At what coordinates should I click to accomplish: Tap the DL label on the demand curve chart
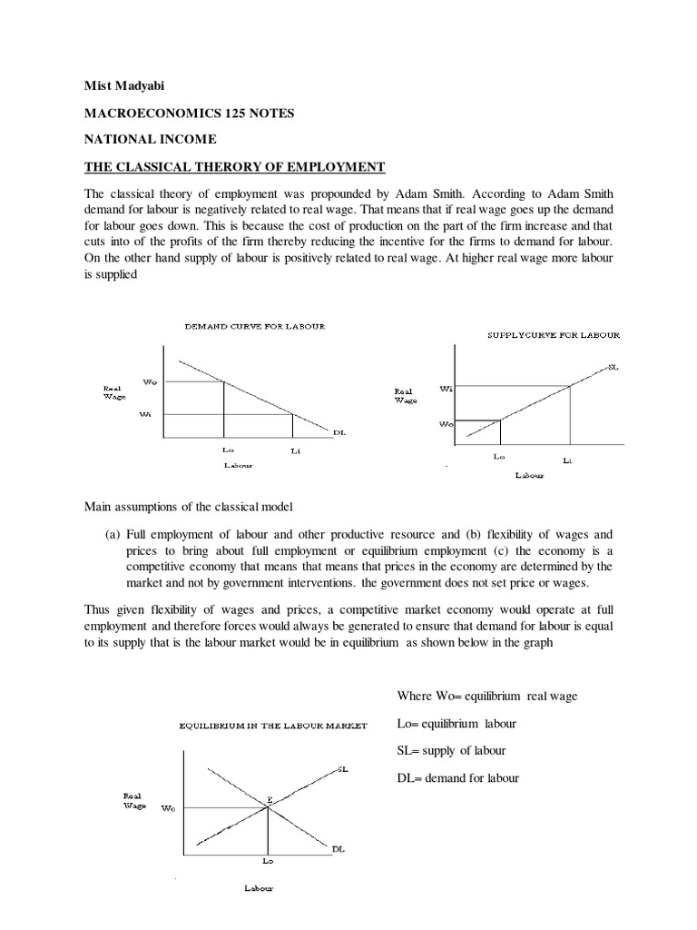[x=339, y=433]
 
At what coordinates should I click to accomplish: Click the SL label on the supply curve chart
[x=613, y=366]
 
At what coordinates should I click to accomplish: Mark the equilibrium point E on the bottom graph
[x=269, y=799]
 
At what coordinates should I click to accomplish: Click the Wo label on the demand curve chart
[x=150, y=381]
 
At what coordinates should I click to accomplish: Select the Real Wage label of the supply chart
[x=405, y=396]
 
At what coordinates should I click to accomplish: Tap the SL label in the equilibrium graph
[x=342, y=769]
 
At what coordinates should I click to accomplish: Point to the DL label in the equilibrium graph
[x=338, y=848]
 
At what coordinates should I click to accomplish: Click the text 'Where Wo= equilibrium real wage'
[x=487, y=696]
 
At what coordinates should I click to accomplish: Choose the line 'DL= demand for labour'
[x=458, y=777]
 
